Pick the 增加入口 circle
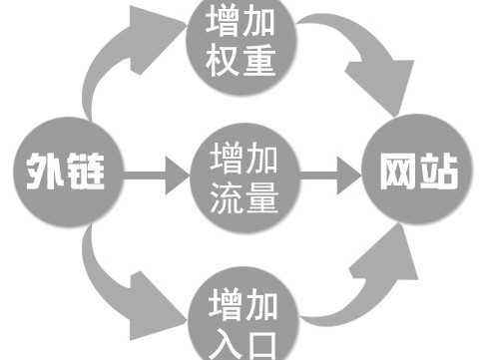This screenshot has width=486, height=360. pyautogui.click(x=243, y=316)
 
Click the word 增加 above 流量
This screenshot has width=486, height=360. pyautogui.click(x=243, y=158)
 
